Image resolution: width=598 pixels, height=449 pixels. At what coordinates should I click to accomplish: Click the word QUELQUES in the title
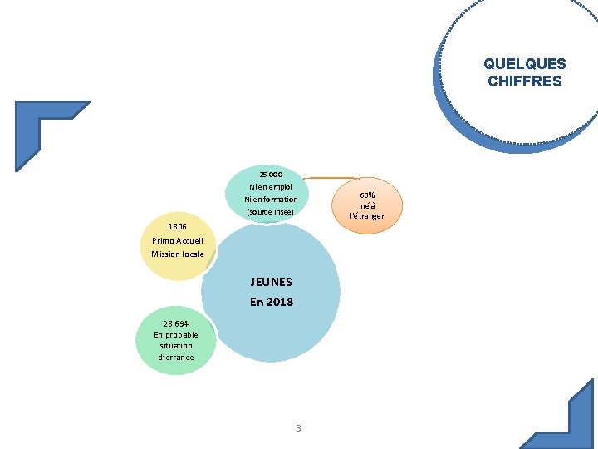click(x=524, y=64)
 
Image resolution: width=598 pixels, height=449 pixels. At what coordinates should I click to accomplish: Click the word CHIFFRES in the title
click(x=524, y=81)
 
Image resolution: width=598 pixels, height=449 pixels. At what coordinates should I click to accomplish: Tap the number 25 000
click(x=271, y=175)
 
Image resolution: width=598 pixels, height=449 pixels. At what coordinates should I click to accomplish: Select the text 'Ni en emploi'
click(x=271, y=187)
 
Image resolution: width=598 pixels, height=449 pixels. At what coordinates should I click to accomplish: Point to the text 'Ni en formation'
click(x=271, y=200)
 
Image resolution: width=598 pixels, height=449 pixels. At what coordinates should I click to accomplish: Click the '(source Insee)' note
click(x=271, y=212)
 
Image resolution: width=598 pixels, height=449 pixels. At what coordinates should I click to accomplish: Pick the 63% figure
click(x=366, y=195)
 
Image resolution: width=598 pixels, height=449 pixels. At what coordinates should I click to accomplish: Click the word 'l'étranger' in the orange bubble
click(x=366, y=216)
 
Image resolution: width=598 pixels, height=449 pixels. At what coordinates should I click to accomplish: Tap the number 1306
click(x=177, y=226)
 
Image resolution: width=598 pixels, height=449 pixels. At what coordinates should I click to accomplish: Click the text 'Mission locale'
click(x=177, y=254)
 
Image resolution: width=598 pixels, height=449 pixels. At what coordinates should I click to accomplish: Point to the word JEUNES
click(x=271, y=282)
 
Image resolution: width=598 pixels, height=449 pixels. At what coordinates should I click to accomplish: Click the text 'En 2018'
click(x=271, y=302)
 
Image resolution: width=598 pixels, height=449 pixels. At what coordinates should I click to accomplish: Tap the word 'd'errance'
click(x=176, y=358)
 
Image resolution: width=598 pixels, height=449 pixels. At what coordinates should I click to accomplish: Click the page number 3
click(x=298, y=428)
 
